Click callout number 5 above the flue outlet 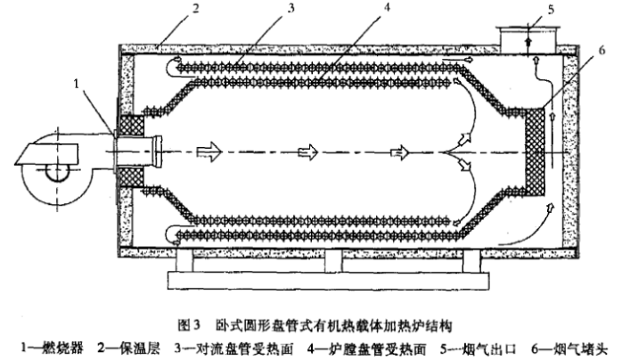tap(528, 11)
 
